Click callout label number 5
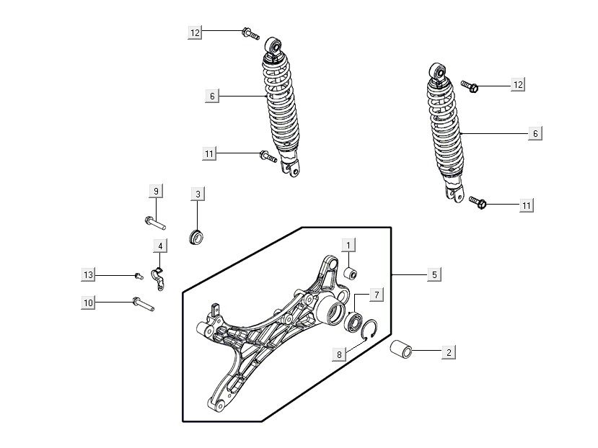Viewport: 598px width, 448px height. click(434, 274)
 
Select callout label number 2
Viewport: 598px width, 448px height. click(449, 352)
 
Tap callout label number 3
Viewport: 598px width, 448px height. click(198, 194)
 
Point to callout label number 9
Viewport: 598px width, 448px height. click(156, 191)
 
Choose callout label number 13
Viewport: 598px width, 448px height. click(88, 274)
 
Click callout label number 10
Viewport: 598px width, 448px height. click(88, 303)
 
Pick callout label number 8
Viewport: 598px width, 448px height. click(339, 354)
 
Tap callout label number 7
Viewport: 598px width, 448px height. click(377, 295)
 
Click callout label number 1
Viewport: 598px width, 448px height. click(348, 246)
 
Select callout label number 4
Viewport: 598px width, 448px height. click(160, 246)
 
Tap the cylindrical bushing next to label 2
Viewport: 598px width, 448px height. click(401, 349)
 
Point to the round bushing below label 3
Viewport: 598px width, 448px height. click(196, 237)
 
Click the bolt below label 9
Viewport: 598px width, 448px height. click(155, 223)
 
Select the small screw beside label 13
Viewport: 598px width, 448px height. click(138, 276)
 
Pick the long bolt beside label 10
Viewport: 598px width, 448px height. click(144, 304)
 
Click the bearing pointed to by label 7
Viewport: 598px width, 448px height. click(353, 321)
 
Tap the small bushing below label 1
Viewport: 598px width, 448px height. click(350, 273)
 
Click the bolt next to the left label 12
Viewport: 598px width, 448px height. click(250, 34)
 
